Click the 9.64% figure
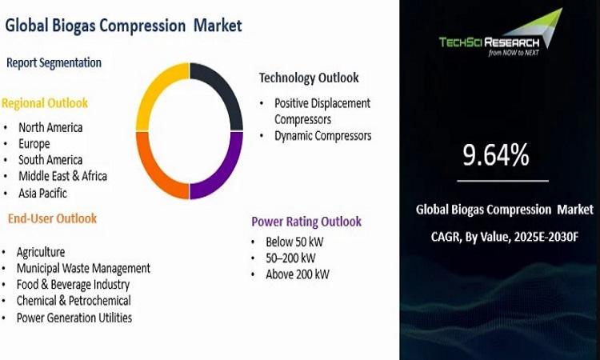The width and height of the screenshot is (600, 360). point(496,155)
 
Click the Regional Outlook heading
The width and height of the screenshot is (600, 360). point(45,103)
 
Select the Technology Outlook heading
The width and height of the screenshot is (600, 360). point(309,78)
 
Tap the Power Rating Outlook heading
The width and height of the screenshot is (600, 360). point(306,222)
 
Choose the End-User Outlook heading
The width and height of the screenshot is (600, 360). point(53,218)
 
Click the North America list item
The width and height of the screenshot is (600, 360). point(50,127)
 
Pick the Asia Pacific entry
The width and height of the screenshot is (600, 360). point(43,193)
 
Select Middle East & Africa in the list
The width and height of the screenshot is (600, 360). point(62,176)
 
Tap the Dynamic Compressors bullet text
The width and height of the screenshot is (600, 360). point(323,136)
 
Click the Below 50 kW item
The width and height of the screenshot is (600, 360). point(294,242)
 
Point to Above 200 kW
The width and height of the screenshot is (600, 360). point(298,274)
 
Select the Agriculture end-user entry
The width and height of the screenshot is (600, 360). point(41,252)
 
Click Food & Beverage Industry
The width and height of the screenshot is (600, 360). point(73,285)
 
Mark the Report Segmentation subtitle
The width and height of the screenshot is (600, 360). point(54,62)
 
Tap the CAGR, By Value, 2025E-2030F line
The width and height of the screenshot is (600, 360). point(505,237)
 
